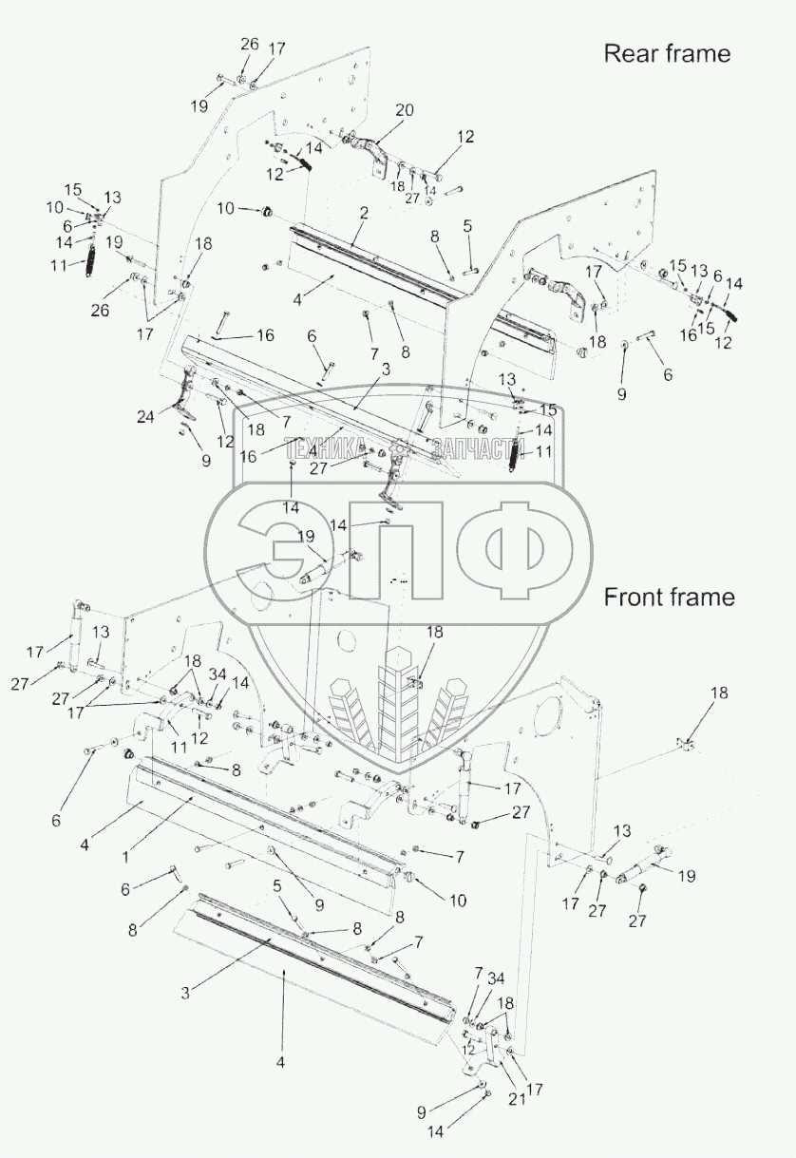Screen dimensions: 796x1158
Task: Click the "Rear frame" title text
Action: (x=667, y=53)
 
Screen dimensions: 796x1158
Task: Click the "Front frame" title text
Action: (x=669, y=597)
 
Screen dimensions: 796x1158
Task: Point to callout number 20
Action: (x=405, y=111)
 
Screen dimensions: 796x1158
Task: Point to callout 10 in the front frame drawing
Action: (x=458, y=900)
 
